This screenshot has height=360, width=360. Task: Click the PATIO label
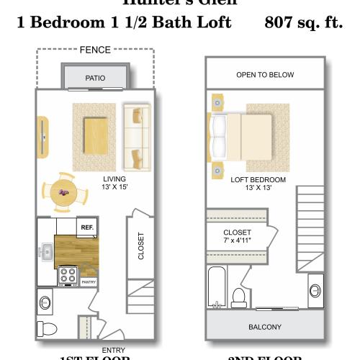pos(95,77)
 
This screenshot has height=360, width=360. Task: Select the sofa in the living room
pos(135,136)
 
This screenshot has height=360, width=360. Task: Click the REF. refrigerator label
pos(87,228)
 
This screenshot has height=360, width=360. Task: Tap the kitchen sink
pos(45,252)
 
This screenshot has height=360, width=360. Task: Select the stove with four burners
pos(68,274)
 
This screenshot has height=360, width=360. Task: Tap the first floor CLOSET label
pos(141,246)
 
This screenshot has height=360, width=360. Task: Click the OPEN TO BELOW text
pos(264,75)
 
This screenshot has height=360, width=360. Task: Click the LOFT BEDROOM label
pos(258,180)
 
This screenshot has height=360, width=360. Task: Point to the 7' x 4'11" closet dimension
pos(237,241)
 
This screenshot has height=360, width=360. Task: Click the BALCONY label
pos(264,327)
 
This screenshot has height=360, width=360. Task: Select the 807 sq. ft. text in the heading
pos(303,22)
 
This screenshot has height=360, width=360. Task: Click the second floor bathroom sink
pos(315,289)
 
